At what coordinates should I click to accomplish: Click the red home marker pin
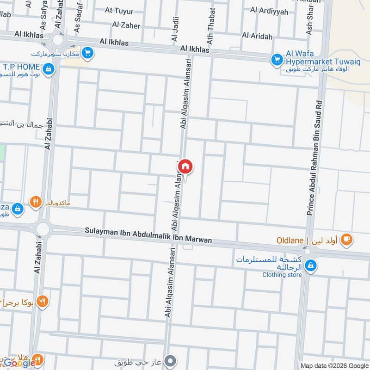(185, 166)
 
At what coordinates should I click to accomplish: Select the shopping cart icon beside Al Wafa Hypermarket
(277, 59)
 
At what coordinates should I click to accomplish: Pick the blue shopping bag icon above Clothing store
(311, 265)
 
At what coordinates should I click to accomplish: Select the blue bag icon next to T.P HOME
(49, 70)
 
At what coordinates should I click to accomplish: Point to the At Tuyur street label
(119, 11)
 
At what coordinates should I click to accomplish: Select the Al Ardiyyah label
(269, 11)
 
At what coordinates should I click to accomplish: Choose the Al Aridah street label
(257, 36)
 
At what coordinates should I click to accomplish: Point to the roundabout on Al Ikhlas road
(58, 39)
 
